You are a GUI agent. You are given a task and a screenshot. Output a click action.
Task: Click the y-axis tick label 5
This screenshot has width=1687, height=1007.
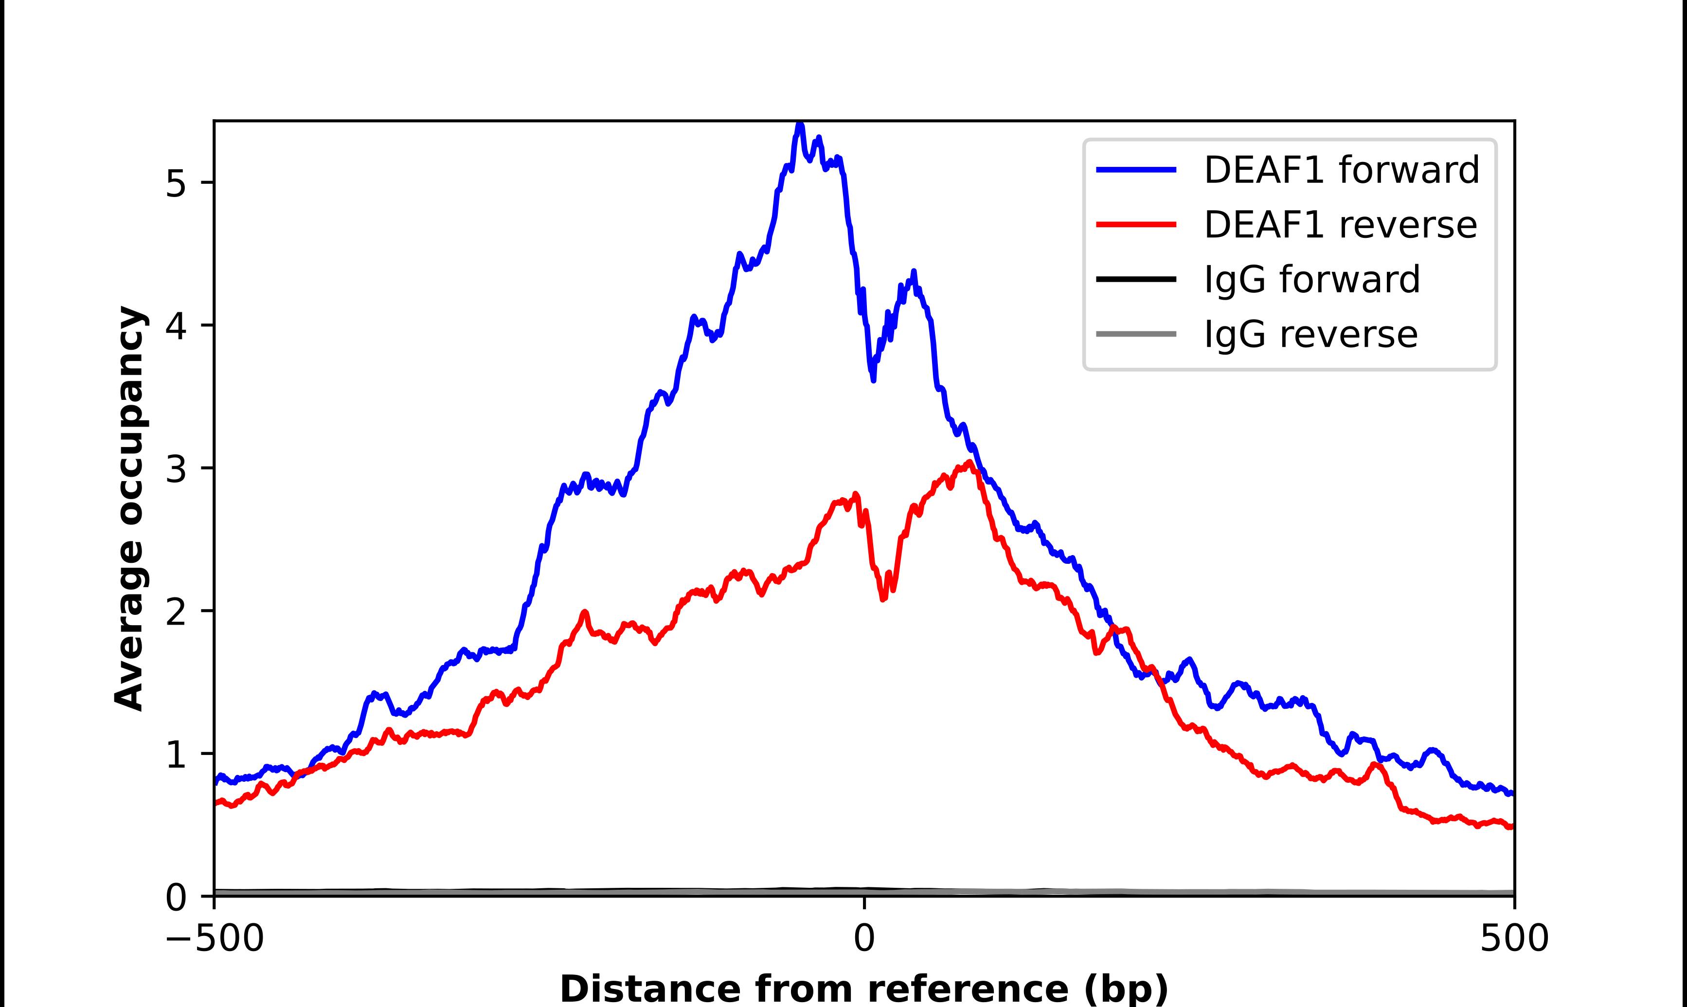click(x=175, y=183)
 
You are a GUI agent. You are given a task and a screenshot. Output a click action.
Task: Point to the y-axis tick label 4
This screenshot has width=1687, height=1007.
click(x=175, y=326)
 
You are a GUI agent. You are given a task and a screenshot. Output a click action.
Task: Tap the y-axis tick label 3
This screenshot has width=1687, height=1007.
click(x=175, y=469)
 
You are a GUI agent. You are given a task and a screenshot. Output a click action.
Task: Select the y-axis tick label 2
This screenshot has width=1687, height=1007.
click(x=175, y=611)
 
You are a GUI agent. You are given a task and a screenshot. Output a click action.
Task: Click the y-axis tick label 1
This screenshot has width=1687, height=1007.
click(x=175, y=755)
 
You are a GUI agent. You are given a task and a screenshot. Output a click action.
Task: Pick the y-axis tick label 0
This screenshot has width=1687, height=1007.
click(x=175, y=897)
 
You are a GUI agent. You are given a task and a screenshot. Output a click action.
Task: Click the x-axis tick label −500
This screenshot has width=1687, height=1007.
click(x=215, y=938)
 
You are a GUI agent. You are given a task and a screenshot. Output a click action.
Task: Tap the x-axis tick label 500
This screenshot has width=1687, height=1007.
click(x=1514, y=938)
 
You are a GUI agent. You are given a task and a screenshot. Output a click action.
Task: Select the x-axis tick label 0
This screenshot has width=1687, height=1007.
click(x=864, y=938)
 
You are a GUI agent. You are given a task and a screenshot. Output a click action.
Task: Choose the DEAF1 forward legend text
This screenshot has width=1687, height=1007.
click(x=1341, y=170)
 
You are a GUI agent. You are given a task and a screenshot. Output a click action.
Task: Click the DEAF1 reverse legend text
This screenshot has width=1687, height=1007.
click(x=1340, y=225)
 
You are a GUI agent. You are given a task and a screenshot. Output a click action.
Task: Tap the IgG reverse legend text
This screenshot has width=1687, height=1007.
click(x=1310, y=334)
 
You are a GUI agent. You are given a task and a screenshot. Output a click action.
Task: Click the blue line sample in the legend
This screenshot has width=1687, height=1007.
click(x=1136, y=170)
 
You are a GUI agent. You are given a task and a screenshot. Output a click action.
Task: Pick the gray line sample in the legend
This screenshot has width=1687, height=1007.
click(x=1136, y=334)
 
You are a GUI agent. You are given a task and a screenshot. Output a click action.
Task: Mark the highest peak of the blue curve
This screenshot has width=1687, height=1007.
click(x=800, y=124)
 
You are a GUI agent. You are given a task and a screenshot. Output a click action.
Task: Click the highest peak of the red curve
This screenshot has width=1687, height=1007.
click(x=970, y=462)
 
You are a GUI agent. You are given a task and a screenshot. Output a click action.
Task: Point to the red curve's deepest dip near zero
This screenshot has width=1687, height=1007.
click(x=883, y=598)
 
